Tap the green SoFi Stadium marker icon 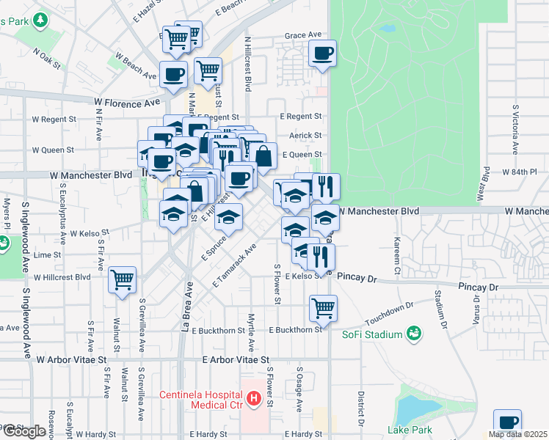(415, 334)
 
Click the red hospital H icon (254, 400)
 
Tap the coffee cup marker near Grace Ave (323, 54)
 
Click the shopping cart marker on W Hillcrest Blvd (123, 279)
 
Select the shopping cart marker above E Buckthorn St (323, 307)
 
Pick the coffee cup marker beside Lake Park (507, 422)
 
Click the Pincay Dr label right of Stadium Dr (479, 287)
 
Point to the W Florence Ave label (126, 103)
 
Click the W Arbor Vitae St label (70, 360)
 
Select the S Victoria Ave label (516, 129)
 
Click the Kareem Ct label (396, 257)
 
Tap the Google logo (23, 431)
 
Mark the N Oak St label (47, 58)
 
